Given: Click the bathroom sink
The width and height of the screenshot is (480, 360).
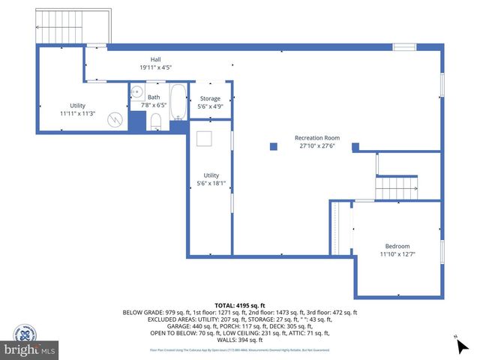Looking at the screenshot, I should pos(136,93).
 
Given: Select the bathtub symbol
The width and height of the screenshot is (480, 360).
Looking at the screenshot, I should pos(178,103).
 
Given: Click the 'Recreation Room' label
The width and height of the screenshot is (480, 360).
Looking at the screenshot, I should pos(316,138).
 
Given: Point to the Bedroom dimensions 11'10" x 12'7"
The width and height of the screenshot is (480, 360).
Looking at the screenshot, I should pos(397,254).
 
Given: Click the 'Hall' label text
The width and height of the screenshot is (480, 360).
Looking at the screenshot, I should pos(155,59).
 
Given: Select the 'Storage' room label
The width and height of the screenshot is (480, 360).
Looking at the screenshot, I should pos(210,98).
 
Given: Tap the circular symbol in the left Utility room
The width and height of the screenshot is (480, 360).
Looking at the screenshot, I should pos(115,118).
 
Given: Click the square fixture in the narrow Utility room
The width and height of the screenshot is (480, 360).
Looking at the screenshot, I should pos(205,139).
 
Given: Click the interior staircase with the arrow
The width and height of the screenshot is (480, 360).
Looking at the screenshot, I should pos(396,185).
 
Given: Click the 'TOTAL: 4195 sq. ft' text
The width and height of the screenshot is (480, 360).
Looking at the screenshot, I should pos(239,305).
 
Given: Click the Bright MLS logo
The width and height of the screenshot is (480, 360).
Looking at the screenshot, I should pos(30,349).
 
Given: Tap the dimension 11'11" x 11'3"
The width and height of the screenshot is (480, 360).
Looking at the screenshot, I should pos(77,113).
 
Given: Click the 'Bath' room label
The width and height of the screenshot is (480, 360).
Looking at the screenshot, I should pos(154,97).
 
